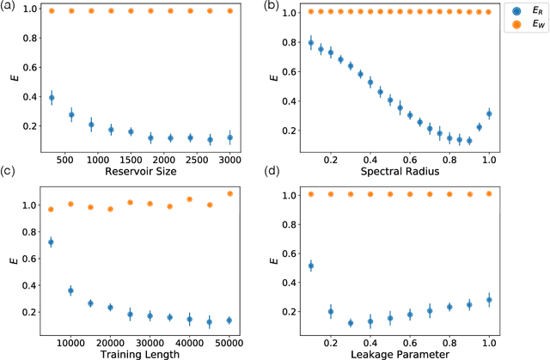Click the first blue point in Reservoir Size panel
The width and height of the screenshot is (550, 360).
tap(52, 98)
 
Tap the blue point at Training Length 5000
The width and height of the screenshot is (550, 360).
tap(52, 242)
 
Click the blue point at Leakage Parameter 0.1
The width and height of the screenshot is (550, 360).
tap(311, 265)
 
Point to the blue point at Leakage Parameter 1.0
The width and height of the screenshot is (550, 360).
tap(489, 300)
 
